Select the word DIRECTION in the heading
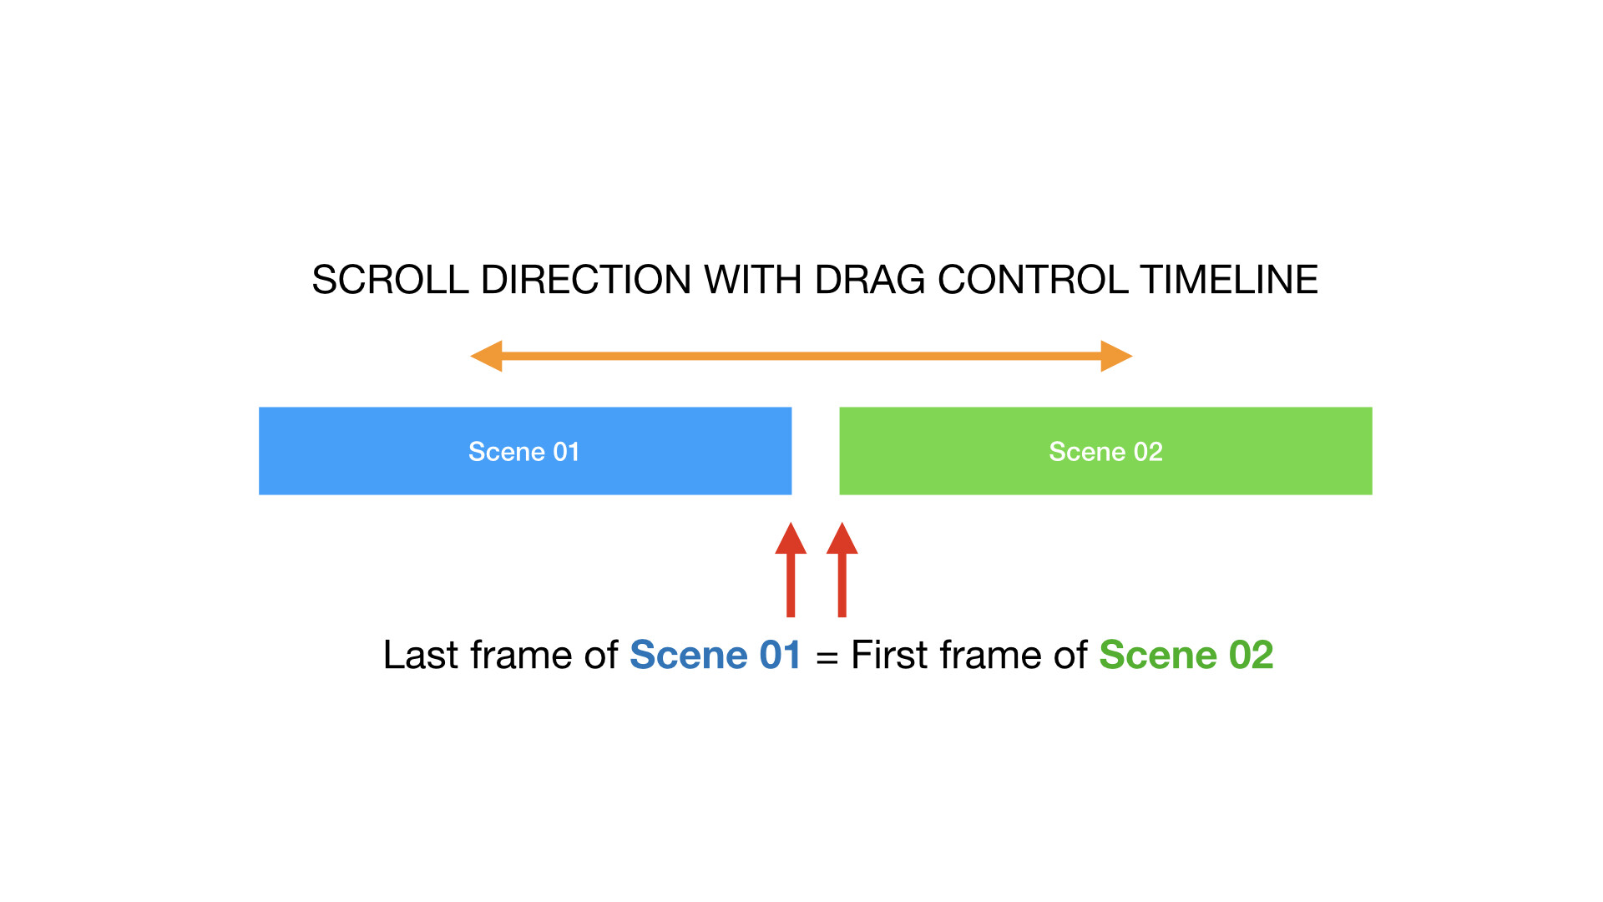tap(586, 280)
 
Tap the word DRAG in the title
tap(869, 280)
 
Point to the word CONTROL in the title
tap(1033, 280)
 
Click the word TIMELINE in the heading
tap(1229, 280)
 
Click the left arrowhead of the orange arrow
tap(486, 356)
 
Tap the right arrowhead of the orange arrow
tap(1116, 356)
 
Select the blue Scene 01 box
tap(525, 451)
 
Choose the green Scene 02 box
tap(1105, 451)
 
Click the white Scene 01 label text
tap(524, 452)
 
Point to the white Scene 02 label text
tap(1105, 452)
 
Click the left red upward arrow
tap(791, 570)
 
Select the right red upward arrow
tap(842, 570)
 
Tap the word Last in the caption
tap(420, 655)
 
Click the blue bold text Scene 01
tap(716, 655)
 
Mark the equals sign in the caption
tap(827, 658)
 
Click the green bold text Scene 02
tap(1186, 655)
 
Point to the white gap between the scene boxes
tap(816, 451)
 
